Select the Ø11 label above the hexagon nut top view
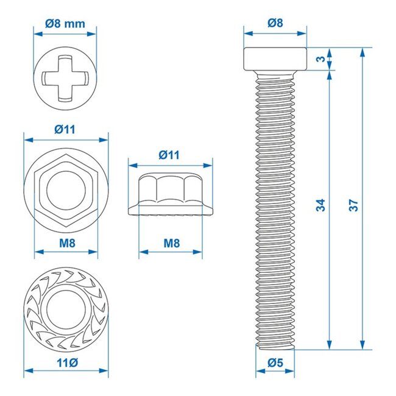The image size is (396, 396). tap(65, 129)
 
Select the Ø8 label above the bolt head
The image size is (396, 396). tap(275, 24)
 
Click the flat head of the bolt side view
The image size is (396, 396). tap(275, 58)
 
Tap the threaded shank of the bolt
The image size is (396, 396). tap(275, 207)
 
